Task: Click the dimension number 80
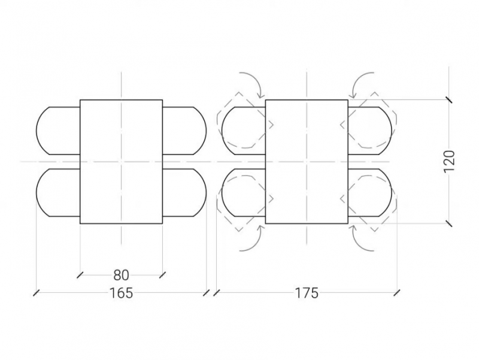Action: pos(122,276)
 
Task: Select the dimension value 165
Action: pos(122,293)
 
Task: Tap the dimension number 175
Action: pos(307,293)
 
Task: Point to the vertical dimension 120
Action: pos(449,161)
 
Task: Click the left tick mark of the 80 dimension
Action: pos(80,275)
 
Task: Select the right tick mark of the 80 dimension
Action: pos(162,275)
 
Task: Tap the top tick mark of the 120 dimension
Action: pos(448,99)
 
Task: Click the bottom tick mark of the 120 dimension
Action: pos(448,223)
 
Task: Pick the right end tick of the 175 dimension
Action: pos(397,293)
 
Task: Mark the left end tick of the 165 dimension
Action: pos(36,293)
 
